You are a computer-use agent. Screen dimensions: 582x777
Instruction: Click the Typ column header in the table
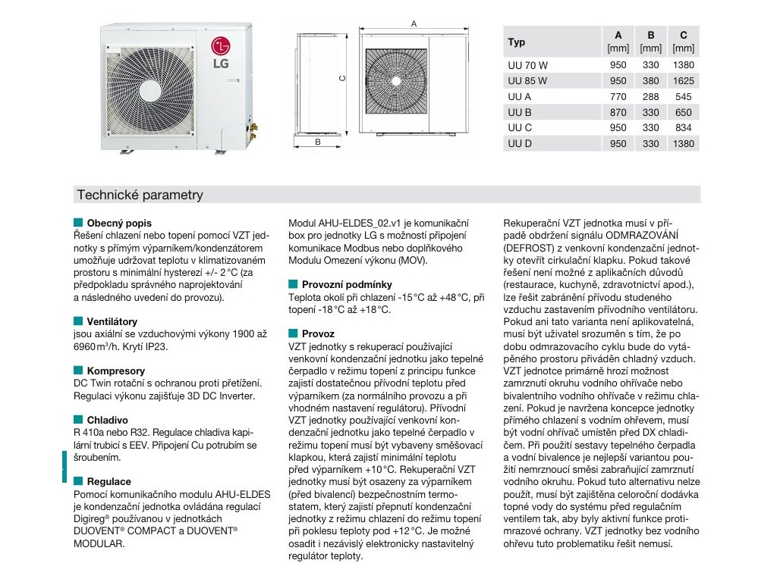point(517,42)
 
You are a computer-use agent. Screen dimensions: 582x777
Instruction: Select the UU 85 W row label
point(527,80)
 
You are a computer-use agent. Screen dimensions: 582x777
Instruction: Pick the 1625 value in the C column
point(684,80)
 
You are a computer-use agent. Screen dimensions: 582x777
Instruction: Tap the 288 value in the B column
point(651,96)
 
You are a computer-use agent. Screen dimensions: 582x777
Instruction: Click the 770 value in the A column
point(618,96)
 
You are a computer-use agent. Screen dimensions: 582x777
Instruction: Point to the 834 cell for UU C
point(684,128)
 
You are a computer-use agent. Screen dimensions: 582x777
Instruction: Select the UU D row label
point(520,144)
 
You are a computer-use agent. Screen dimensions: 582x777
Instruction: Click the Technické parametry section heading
point(140,196)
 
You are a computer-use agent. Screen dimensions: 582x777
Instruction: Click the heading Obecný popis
point(119,224)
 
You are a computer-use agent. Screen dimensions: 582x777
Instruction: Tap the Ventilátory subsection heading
point(112,322)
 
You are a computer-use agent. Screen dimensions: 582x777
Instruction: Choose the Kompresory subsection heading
point(115,371)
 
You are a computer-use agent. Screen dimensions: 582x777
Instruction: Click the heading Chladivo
point(107,420)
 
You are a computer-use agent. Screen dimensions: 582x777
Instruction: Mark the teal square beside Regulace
point(78,481)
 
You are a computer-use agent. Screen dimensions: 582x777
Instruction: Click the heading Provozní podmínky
point(347,284)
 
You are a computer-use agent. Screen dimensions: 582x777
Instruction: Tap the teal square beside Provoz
point(293,333)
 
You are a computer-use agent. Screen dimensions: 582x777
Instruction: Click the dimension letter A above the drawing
point(414,24)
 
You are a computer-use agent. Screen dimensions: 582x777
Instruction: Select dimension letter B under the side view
point(318,142)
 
